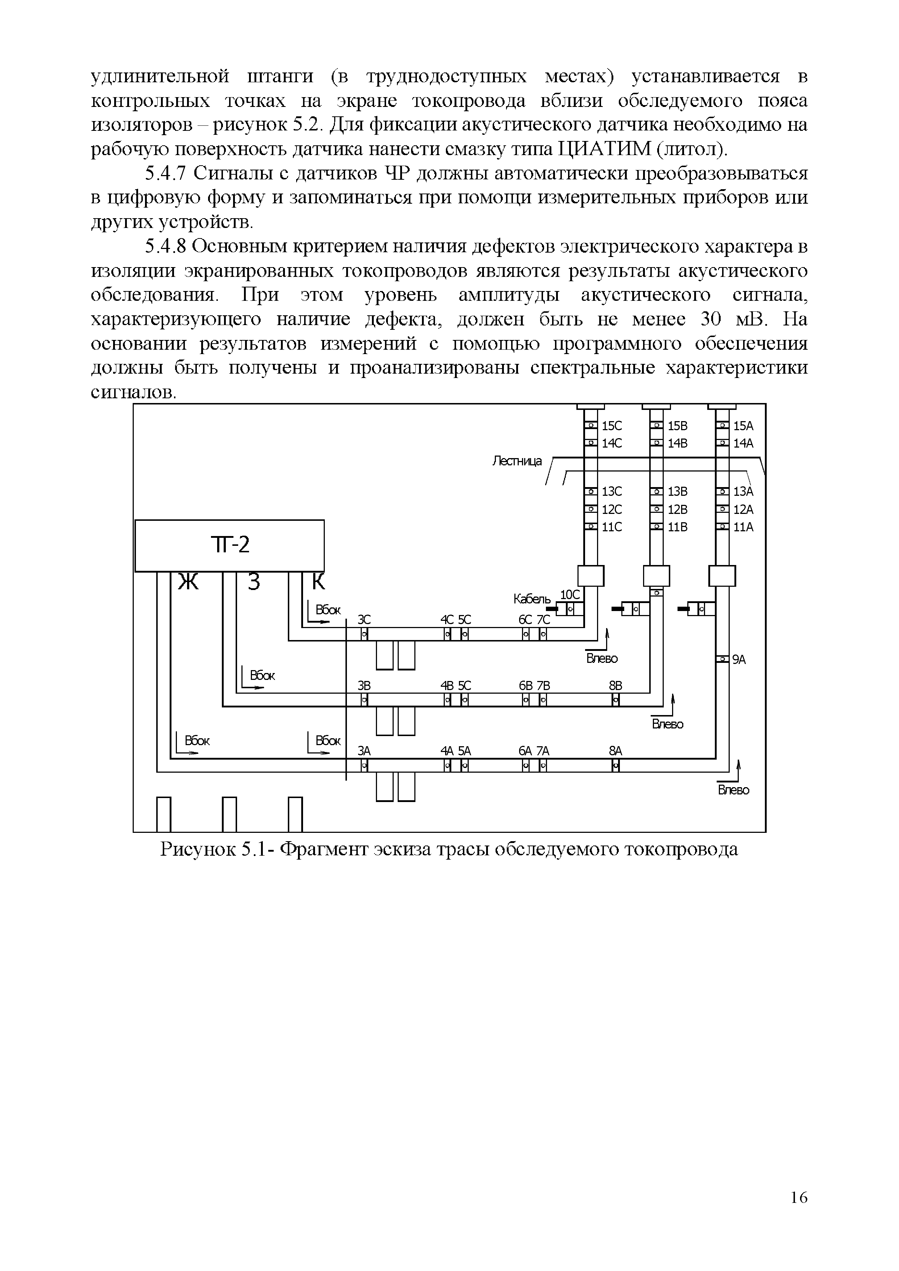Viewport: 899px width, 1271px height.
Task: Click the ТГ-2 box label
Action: [x=230, y=545]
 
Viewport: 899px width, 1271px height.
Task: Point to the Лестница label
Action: [x=517, y=461]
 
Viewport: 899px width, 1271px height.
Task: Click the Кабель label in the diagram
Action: [x=531, y=599]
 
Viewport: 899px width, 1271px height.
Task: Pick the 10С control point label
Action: [x=569, y=594]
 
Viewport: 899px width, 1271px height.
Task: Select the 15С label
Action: [x=612, y=426]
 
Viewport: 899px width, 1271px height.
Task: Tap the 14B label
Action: [x=678, y=443]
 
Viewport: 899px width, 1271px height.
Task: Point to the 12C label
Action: [x=612, y=509]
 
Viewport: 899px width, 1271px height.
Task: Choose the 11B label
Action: [x=678, y=527]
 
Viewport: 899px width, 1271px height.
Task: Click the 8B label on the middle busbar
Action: [x=616, y=686]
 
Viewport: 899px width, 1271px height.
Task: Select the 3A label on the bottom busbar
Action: [x=364, y=751]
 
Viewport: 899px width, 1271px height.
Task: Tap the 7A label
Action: [x=543, y=751]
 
